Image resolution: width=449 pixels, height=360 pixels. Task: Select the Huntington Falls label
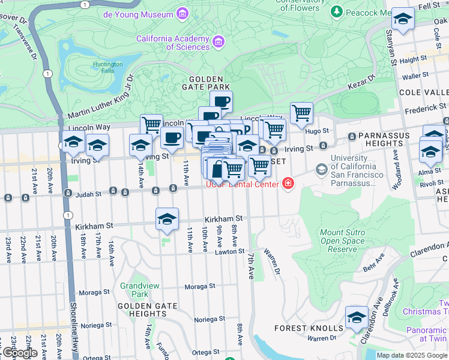108,67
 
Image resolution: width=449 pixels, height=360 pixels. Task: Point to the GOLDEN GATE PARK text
206,83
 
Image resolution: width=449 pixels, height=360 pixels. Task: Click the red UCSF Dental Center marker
289,183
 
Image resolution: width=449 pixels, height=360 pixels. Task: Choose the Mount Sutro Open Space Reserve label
343,241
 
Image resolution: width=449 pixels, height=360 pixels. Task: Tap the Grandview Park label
134,290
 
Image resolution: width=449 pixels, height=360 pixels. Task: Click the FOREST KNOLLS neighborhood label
309,328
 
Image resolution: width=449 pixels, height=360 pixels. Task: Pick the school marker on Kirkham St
167,219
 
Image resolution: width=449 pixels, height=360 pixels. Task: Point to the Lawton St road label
231,251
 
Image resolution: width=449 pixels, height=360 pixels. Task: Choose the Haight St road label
412,60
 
